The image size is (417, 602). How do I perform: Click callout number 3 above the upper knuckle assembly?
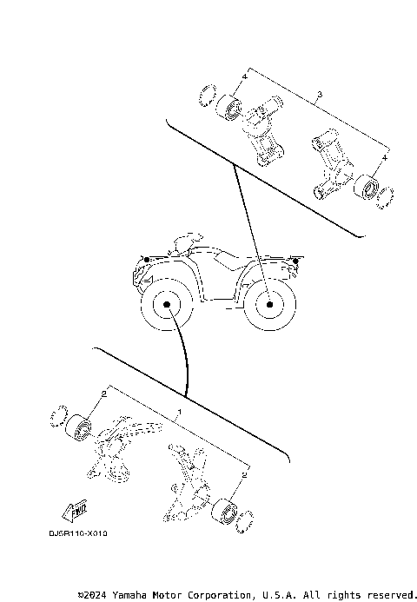click(x=321, y=93)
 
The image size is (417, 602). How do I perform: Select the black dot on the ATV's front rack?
click(x=148, y=260)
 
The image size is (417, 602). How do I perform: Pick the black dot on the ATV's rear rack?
click(x=297, y=260)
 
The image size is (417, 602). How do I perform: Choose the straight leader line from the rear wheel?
click(x=250, y=235)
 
